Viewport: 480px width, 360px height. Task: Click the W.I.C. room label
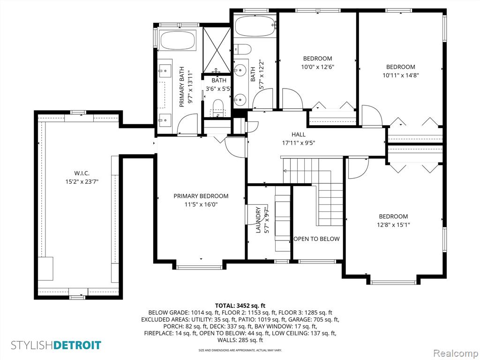(x=82, y=173)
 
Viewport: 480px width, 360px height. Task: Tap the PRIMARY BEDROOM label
(x=201, y=196)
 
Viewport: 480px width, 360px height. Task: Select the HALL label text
(x=298, y=135)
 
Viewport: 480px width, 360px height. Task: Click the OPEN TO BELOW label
(x=316, y=239)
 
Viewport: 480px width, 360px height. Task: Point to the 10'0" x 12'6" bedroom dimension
(x=317, y=67)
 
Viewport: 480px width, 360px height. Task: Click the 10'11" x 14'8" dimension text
(x=401, y=75)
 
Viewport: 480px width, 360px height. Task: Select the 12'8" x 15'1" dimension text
(x=393, y=225)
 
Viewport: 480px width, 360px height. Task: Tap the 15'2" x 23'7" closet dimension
(x=82, y=182)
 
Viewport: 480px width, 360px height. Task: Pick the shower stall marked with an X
(x=217, y=50)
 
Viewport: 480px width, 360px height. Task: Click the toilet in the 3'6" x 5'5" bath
(x=218, y=107)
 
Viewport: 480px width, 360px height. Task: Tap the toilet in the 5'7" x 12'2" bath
(x=242, y=49)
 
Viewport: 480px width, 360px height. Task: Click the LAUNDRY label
(x=258, y=220)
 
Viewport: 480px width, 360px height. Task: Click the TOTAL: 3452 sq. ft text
(x=240, y=306)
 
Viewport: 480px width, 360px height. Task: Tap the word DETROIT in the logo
(x=77, y=345)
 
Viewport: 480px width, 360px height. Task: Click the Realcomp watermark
(x=455, y=353)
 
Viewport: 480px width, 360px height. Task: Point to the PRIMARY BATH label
(x=182, y=87)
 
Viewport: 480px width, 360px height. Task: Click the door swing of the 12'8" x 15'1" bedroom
(x=358, y=168)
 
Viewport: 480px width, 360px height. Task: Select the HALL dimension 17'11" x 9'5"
(x=298, y=142)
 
